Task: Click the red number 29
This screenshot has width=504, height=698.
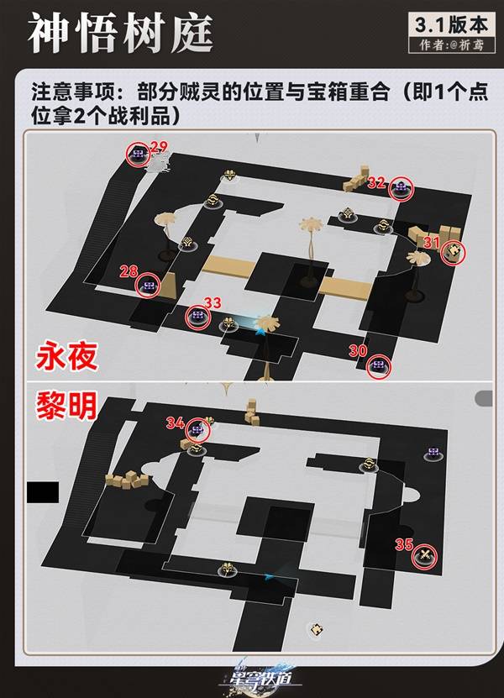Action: click(x=159, y=147)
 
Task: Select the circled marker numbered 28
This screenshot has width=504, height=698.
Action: click(x=150, y=286)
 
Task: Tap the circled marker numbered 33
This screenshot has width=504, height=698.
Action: click(x=198, y=315)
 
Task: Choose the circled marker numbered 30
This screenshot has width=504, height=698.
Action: click(x=379, y=365)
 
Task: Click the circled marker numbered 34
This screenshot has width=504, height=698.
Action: click(x=198, y=430)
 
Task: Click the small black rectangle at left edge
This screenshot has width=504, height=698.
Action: click(x=43, y=492)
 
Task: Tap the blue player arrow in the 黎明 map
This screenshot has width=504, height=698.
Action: click(x=269, y=576)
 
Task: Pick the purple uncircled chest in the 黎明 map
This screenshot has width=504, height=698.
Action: click(x=433, y=453)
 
